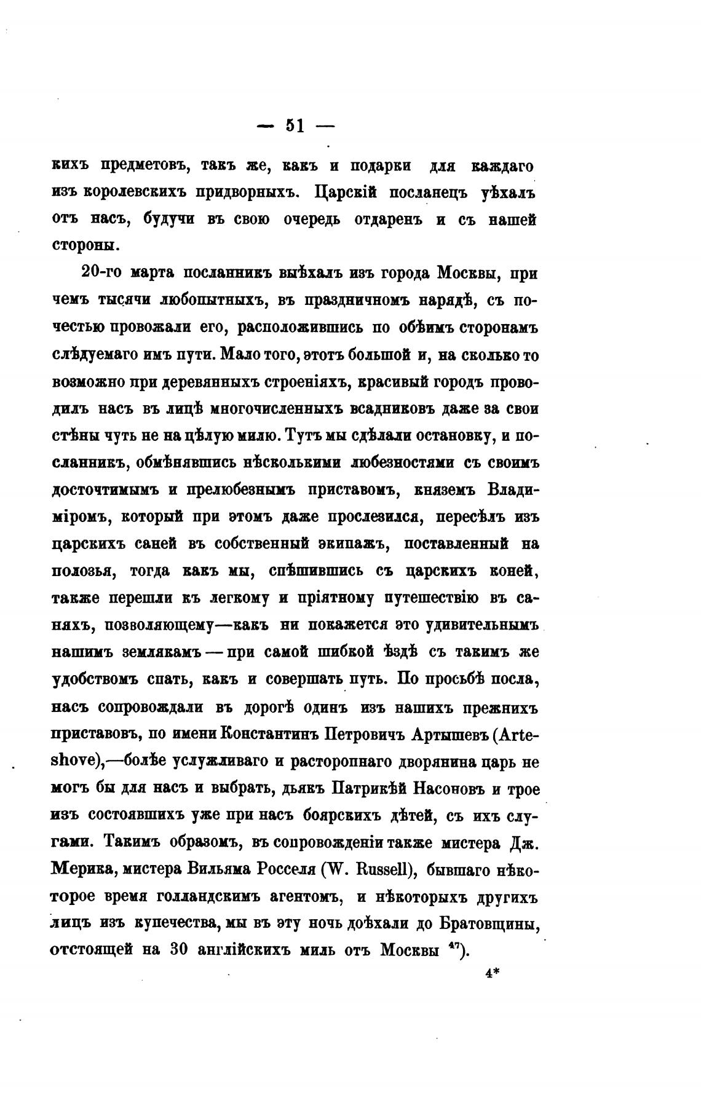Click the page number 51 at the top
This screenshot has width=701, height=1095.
(295, 125)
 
